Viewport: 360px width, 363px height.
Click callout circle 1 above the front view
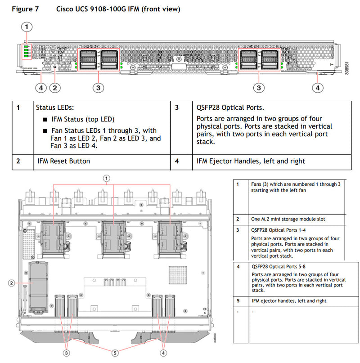pyautogui.click(x=27, y=27)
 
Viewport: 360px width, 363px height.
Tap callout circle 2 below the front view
pyautogui.click(x=55, y=88)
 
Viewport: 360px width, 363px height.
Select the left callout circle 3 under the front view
pyautogui.click(x=98, y=88)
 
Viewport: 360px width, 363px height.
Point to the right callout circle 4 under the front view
pyautogui.click(x=318, y=88)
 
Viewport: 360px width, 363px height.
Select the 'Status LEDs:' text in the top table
pyautogui.click(x=55, y=108)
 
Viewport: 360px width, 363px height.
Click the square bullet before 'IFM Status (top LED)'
pyautogui.click(x=45, y=120)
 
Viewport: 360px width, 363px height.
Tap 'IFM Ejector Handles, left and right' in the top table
pyautogui.click(x=251, y=161)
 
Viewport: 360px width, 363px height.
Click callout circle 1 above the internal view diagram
pyautogui.click(x=107, y=178)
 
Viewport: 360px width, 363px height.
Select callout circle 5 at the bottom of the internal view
pyautogui.click(x=115, y=353)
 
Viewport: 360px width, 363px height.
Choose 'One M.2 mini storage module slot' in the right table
pyautogui.click(x=287, y=219)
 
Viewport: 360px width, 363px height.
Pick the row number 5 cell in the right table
pyautogui.click(x=238, y=301)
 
